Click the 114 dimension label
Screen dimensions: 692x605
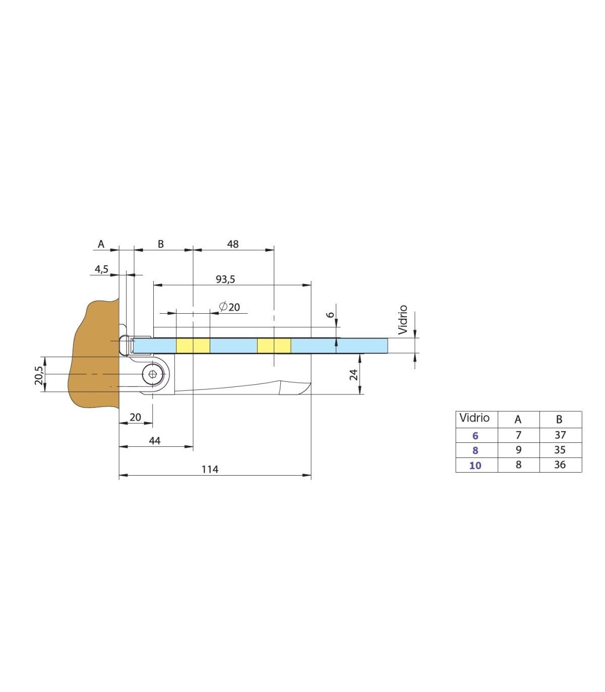pos(210,469)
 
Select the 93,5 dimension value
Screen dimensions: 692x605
pos(225,279)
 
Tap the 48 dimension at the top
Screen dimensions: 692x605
pos(232,244)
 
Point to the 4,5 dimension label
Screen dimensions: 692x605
pos(101,269)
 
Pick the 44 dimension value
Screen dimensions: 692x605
pos(155,441)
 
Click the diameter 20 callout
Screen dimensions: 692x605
pos(229,307)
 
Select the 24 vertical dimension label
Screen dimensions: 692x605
pos(354,374)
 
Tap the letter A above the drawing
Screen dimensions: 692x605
pos(101,244)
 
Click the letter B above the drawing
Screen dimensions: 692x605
pos(161,244)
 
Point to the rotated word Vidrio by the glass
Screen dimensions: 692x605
pos(402,319)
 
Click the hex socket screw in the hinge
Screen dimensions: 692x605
pos(153,375)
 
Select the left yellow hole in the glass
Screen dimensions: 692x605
pos(193,346)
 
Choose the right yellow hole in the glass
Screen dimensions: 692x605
pos(274,346)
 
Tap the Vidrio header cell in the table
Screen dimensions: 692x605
pos(474,418)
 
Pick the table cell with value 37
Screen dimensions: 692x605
pos(560,435)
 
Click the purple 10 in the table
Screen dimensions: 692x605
pos(475,466)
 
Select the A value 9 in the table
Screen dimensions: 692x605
pos(518,450)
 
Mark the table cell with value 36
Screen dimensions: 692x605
pos(560,465)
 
